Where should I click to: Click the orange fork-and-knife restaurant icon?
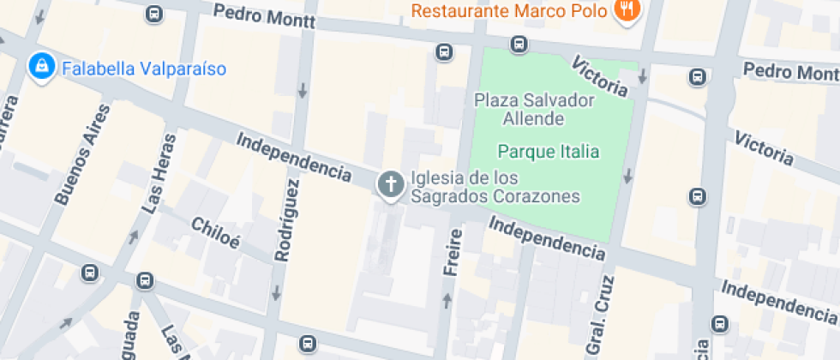click(x=627, y=10)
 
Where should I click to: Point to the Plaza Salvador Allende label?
click(x=534, y=109)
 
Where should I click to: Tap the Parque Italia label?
click(x=548, y=153)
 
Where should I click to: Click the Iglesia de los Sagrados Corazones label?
click(x=495, y=187)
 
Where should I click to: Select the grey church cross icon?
click(x=391, y=184)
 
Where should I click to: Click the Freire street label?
click(x=453, y=252)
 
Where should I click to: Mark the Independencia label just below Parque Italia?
click(x=548, y=237)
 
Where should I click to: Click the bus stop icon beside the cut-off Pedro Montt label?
click(x=698, y=78)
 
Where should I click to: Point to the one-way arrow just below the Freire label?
click(x=446, y=300)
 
